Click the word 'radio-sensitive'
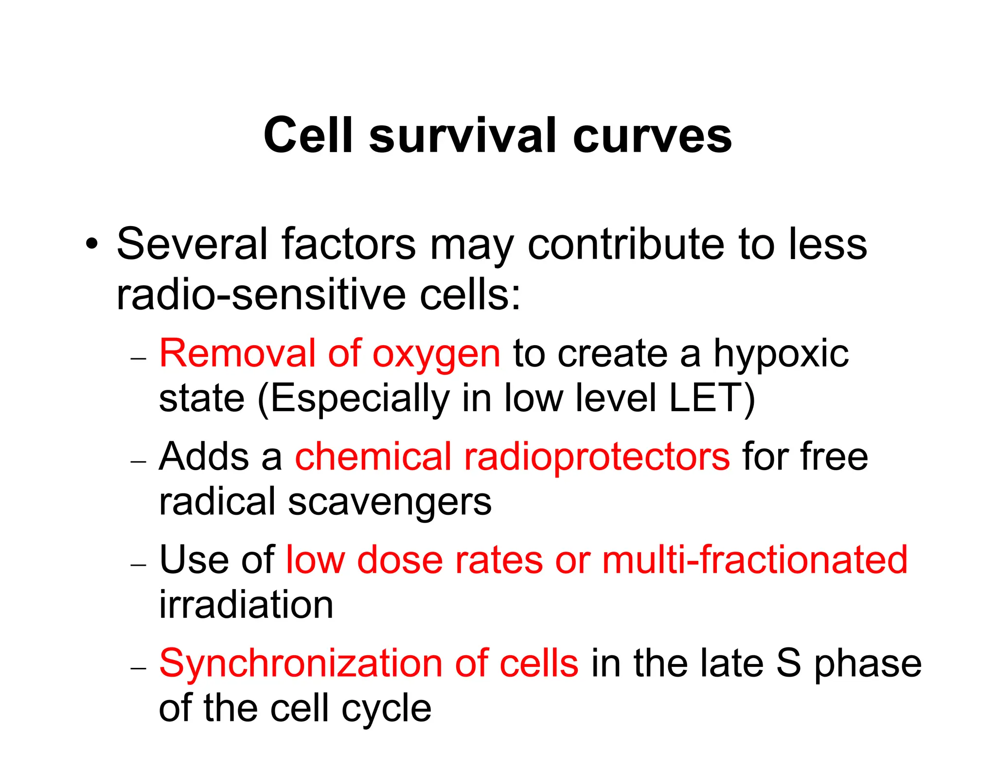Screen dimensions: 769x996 (x=261, y=295)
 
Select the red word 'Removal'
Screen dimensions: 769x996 (x=237, y=353)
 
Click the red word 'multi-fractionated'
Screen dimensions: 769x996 (x=754, y=560)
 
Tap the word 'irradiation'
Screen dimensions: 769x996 (x=246, y=605)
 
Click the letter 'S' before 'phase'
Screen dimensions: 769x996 (x=788, y=664)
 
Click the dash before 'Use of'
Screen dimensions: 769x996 (x=139, y=565)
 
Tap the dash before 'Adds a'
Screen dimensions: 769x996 (x=139, y=461)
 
